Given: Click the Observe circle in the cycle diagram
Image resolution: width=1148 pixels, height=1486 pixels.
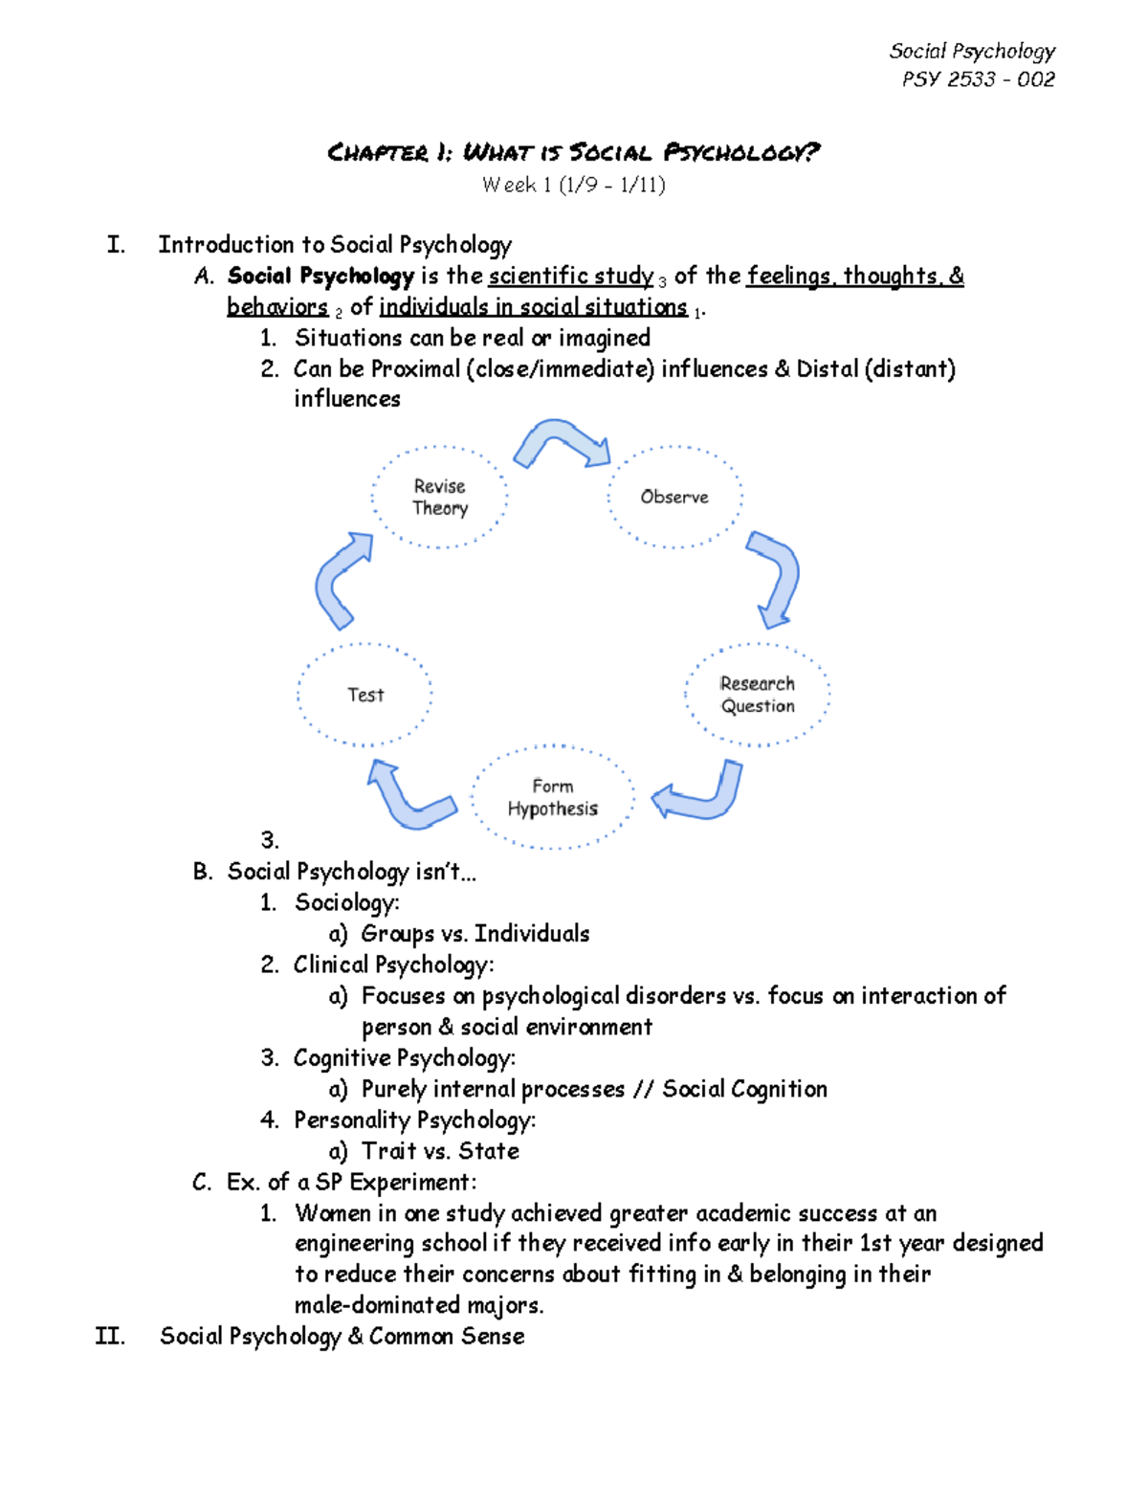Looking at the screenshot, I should click(674, 497).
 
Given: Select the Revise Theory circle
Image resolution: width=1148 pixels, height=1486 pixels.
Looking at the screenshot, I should click(440, 498).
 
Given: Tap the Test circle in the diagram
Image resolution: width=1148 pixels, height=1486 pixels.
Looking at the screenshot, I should click(364, 695).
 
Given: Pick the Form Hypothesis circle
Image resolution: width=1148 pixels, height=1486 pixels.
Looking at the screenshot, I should click(552, 797).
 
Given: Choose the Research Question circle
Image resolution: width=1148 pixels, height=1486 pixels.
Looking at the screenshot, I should click(757, 695).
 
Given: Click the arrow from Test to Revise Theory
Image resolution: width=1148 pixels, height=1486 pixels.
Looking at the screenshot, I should click(340, 581).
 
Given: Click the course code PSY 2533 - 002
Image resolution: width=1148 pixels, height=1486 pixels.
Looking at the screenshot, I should click(978, 79).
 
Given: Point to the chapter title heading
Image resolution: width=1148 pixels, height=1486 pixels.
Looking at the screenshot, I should click(573, 152).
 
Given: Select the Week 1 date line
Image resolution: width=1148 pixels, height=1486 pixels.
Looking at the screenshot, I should click(573, 185).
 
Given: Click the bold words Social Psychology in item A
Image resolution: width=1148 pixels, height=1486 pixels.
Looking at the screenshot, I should click(320, 277).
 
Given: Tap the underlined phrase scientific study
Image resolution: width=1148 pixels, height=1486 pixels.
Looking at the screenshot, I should click(570, 277).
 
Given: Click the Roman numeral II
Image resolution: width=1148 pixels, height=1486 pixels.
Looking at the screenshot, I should click(110, 1336).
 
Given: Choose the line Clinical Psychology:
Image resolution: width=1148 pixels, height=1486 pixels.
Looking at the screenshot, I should click(393, 965).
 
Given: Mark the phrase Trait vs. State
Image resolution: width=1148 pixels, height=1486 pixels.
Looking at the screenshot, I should click(440, 1151).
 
